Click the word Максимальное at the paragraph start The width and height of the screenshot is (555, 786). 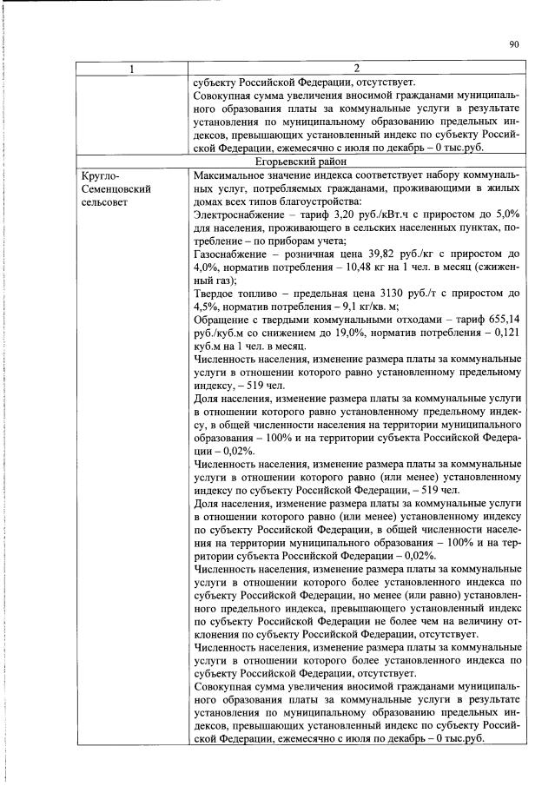tap(232, 175)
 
